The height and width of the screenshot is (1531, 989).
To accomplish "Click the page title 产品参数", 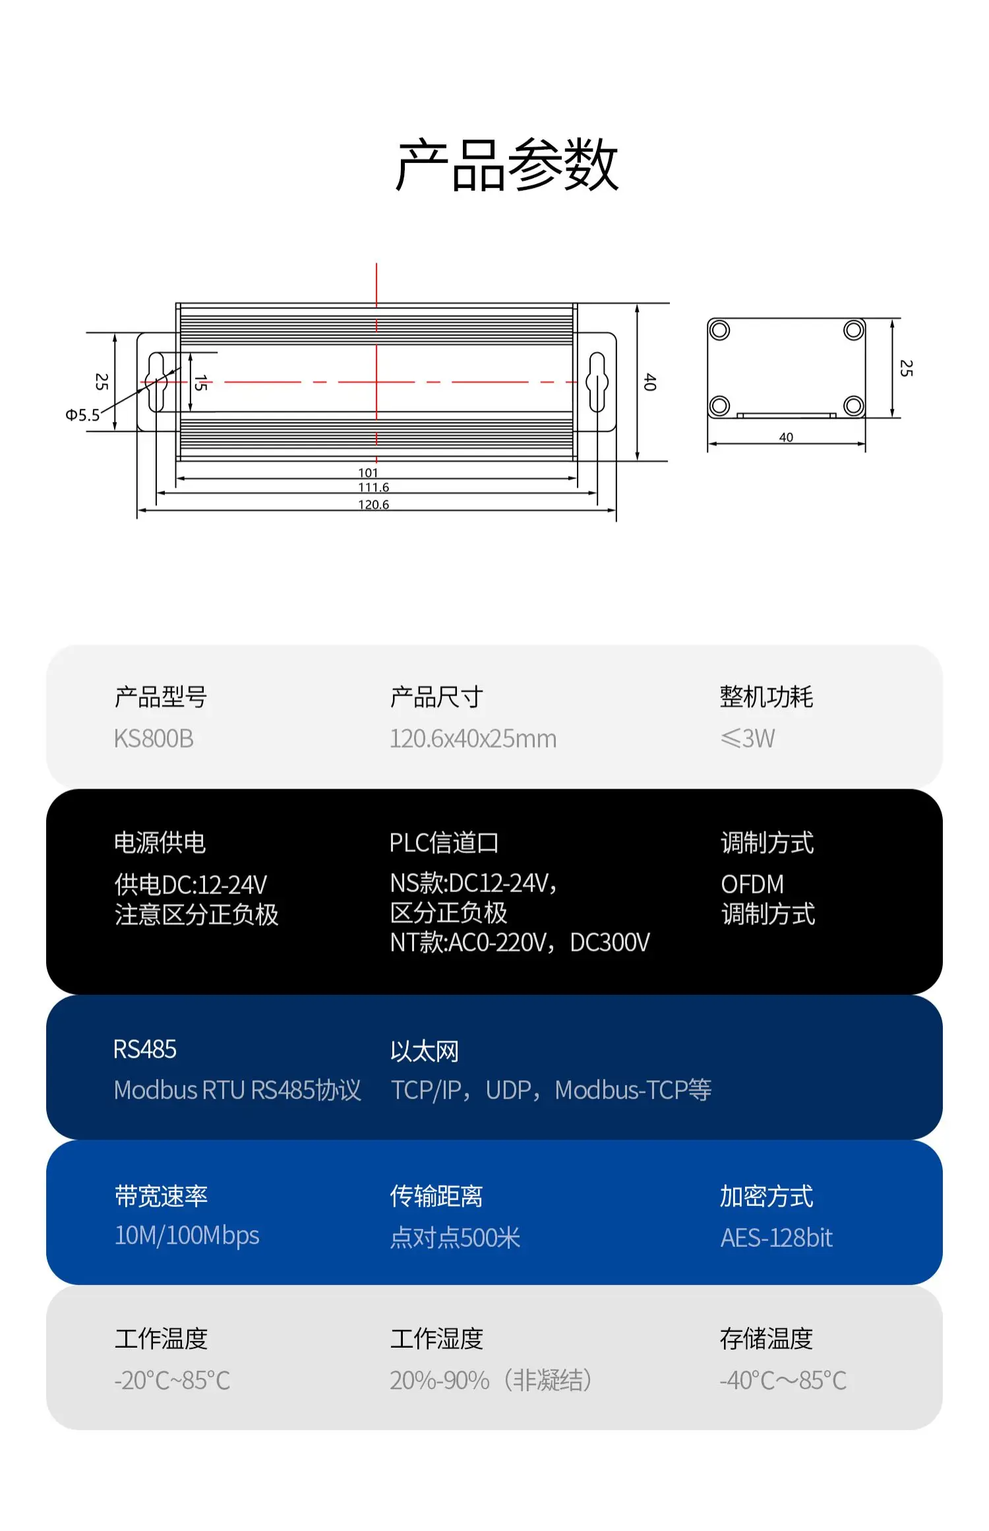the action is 506,165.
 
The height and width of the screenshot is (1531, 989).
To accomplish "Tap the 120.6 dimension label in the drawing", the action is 373,504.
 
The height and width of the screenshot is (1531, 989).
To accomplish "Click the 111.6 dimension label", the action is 373,487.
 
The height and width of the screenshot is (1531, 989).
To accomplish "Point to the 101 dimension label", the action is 368,473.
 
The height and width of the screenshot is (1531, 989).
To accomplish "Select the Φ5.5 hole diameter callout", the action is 82,415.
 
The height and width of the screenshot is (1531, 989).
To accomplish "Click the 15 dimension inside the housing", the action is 200,382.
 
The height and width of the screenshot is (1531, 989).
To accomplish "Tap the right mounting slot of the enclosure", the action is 597,382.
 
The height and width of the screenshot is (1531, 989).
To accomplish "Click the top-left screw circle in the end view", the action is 719,330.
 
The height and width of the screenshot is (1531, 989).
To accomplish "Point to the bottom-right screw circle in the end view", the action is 853,405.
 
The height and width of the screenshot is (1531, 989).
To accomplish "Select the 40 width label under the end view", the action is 786,437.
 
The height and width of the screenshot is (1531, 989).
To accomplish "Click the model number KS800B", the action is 154,738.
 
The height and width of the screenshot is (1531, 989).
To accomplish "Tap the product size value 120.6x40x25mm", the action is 473,738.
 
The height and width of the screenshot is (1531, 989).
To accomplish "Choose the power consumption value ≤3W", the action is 748,738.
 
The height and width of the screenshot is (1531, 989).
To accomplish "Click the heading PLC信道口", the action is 444,843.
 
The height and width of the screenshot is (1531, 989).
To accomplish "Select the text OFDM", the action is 752,884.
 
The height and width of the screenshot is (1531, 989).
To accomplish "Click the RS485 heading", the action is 145,1049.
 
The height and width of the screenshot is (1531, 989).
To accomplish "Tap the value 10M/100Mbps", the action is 187,1236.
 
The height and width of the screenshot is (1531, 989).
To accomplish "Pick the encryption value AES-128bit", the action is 776,1238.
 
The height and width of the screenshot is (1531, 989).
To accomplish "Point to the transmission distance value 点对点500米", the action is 455,1238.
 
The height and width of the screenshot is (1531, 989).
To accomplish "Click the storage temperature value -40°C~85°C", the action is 783,1380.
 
